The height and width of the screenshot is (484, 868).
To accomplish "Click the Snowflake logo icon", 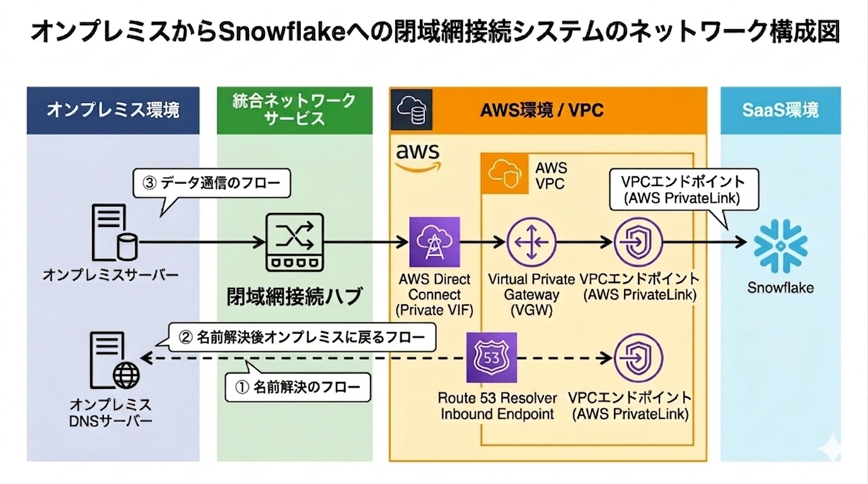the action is (780, 246).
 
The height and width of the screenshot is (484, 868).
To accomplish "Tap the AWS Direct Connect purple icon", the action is (434, 242).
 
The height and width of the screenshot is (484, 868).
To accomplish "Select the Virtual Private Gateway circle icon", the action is (531, 242).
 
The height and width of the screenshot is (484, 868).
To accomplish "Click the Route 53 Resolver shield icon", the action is (492, 357).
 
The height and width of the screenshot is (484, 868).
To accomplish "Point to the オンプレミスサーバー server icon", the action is (115, 232).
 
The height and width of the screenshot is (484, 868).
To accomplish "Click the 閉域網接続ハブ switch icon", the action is (294, 242).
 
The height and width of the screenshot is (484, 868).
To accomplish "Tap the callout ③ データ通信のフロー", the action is (212, 183).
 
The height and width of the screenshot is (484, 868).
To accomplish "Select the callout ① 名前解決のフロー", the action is (298, 387).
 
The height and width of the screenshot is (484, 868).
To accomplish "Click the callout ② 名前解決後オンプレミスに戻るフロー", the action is (302, 338).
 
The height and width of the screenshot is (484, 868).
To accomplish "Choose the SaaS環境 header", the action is (780, 110).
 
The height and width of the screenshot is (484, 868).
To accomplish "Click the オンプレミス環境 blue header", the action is (113, 110).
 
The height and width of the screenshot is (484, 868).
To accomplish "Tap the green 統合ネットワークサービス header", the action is (294, 110).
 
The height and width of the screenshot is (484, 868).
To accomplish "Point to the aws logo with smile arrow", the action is (418, 158).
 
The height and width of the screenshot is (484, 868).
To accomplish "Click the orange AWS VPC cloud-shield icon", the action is (504, 173).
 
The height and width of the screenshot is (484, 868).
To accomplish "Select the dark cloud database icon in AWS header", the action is (412, 110).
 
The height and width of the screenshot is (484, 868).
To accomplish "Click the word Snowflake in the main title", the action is (282, 31).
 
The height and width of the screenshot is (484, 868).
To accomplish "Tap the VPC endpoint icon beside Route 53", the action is (638, 357).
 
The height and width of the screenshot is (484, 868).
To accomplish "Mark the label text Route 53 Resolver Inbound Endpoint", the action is (497, 406).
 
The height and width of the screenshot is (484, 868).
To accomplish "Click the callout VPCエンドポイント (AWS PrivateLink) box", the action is (684, 190).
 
